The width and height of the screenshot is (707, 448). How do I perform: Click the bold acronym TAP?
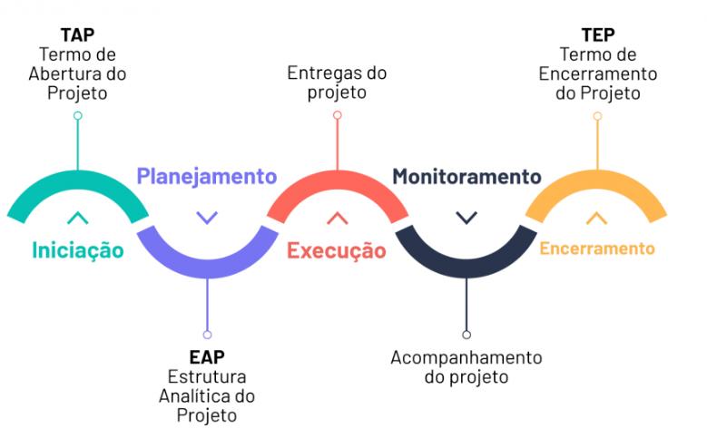tap(77, 34)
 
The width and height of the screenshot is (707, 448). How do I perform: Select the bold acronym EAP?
tap(207, 357)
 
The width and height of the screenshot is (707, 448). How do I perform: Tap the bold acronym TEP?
tap(597, 34)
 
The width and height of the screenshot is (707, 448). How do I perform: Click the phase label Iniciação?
tap(77, 250)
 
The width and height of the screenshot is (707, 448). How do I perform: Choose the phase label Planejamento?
tap(207, 176)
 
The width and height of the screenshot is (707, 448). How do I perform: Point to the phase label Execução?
tap(337, 250)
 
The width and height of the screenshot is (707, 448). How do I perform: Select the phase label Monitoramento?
tap(466, 176)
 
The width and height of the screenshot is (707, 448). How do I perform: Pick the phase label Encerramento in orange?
tap(597, 248)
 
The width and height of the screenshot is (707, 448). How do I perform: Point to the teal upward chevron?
tap(77, 218)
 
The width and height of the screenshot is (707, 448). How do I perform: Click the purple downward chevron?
tap(207, 218)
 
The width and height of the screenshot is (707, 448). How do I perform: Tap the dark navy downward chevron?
tap(466, 218)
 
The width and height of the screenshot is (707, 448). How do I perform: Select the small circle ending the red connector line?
tap(337, 115)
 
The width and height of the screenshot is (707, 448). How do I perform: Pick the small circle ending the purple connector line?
tap(207, 334)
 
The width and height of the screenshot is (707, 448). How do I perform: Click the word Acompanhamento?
tap(466, 357)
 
